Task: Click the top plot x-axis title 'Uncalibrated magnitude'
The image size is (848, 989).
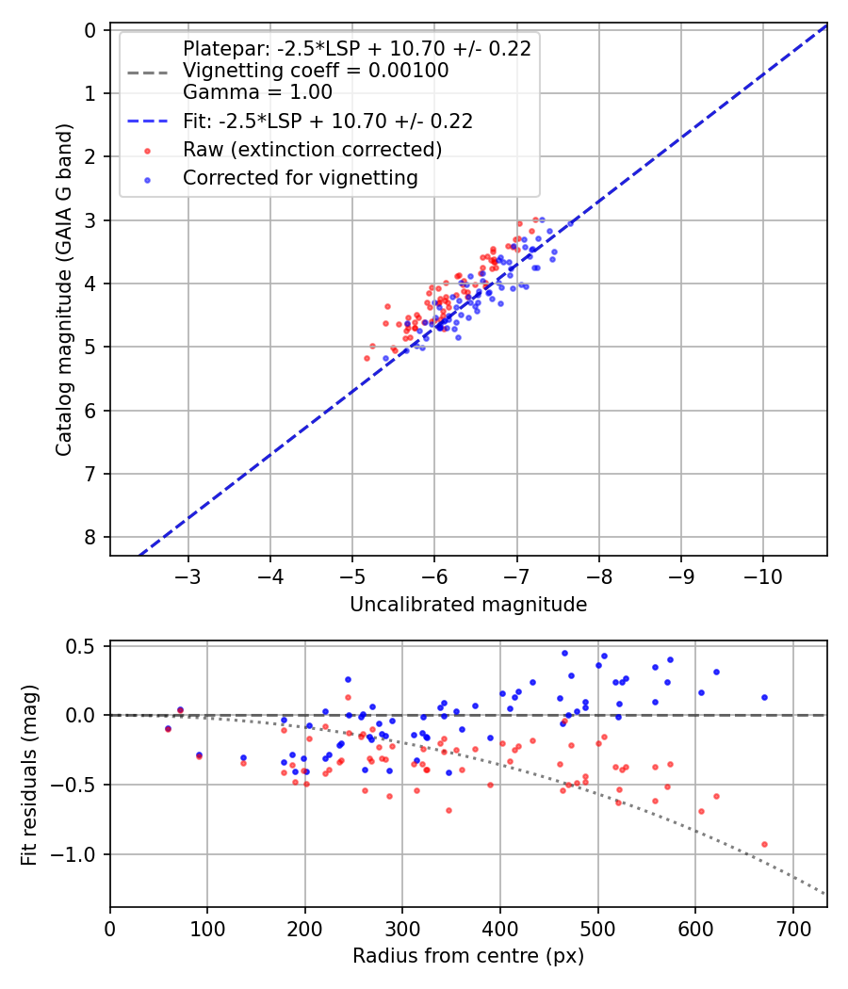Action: coord(468,605)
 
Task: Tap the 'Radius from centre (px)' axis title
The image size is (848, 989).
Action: coord(468,956)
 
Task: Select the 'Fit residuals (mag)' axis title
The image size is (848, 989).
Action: coord(29,774)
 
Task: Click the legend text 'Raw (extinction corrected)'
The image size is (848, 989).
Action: coord(313,149)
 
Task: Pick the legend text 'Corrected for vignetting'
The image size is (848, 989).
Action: coord(300,177)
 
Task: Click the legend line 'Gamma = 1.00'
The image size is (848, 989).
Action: coord(257,92)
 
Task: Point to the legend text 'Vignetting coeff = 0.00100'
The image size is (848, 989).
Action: coord(316,71)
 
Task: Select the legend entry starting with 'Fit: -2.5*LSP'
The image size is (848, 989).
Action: coord(328,121)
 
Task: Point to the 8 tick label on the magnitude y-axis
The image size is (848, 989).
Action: coord(90,537)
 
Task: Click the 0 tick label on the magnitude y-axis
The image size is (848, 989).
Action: coord(90,30)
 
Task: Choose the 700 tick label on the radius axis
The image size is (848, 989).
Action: coord(792,928)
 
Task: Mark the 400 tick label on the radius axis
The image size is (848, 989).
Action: coord(500,928)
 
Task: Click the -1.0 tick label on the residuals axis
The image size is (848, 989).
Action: coord(79,854)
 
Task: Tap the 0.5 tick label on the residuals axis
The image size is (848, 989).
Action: coord(84,646)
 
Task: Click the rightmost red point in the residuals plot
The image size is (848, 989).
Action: coord(764,844)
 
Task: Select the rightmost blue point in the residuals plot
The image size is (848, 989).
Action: coord(764,697)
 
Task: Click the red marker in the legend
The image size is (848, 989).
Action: coord(146,150)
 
